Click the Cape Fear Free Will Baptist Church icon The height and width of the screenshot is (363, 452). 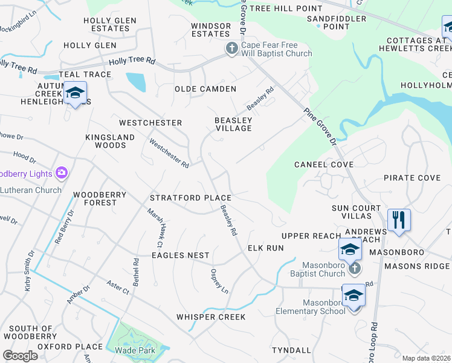[x=231, y=48]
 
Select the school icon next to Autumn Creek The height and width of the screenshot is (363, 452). [x=75, y=93]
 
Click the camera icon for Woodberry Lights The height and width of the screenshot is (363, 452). [x=61, y=174]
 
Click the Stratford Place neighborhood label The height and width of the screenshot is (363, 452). [x=190, y=198]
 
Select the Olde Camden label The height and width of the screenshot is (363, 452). [x=205, y=89]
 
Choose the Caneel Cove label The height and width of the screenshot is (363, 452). [x=324, y=165]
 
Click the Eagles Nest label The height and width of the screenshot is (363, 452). [x=180, y=255]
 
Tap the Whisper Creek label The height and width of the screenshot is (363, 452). [x=211, y=317]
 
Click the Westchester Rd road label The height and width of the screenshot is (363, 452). [x=169, y=154]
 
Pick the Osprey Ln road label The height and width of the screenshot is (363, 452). [x=219, y=281]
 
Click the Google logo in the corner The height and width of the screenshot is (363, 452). [x=20, y=356]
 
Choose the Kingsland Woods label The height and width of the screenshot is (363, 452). [x=110, y=141]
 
